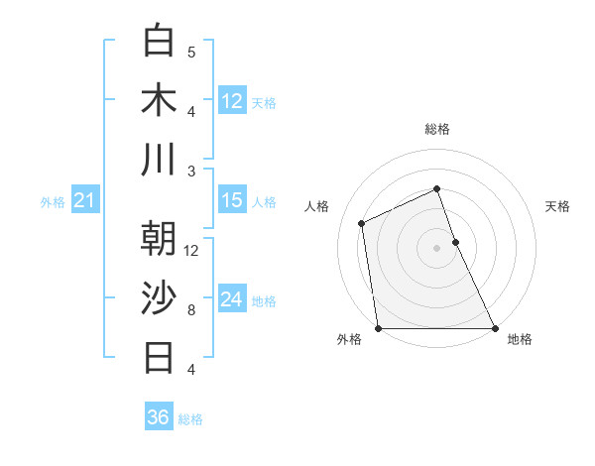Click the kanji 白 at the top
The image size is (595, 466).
(x=159, y=41)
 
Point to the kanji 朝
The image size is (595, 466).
(x=159, y=238)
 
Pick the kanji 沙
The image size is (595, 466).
(x=159, y=297)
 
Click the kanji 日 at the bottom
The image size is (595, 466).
(x=159, y=357)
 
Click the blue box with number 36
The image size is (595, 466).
(x=159, y=417)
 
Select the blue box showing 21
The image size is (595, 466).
(x=84, y=201)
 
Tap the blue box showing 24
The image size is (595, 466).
(x=232, y=299)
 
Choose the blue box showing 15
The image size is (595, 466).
(x=232, y=200)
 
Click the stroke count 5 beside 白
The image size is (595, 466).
(x=191, y=52)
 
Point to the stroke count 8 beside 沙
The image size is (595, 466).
(x=191, y=309)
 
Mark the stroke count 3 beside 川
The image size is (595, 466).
(x=191, y=171)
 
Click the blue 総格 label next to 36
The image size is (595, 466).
(x=190, y=419)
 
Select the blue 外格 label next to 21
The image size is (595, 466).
(x=53, y=202)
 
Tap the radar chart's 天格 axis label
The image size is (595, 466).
(x=558, y=206)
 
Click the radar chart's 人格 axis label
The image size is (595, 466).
(x=317, y=206)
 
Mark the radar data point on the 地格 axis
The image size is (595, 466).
(x=494, y=328)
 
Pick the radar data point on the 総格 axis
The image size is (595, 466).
(x=436, y=188)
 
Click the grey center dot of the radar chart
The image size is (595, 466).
(x=436, y=248)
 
